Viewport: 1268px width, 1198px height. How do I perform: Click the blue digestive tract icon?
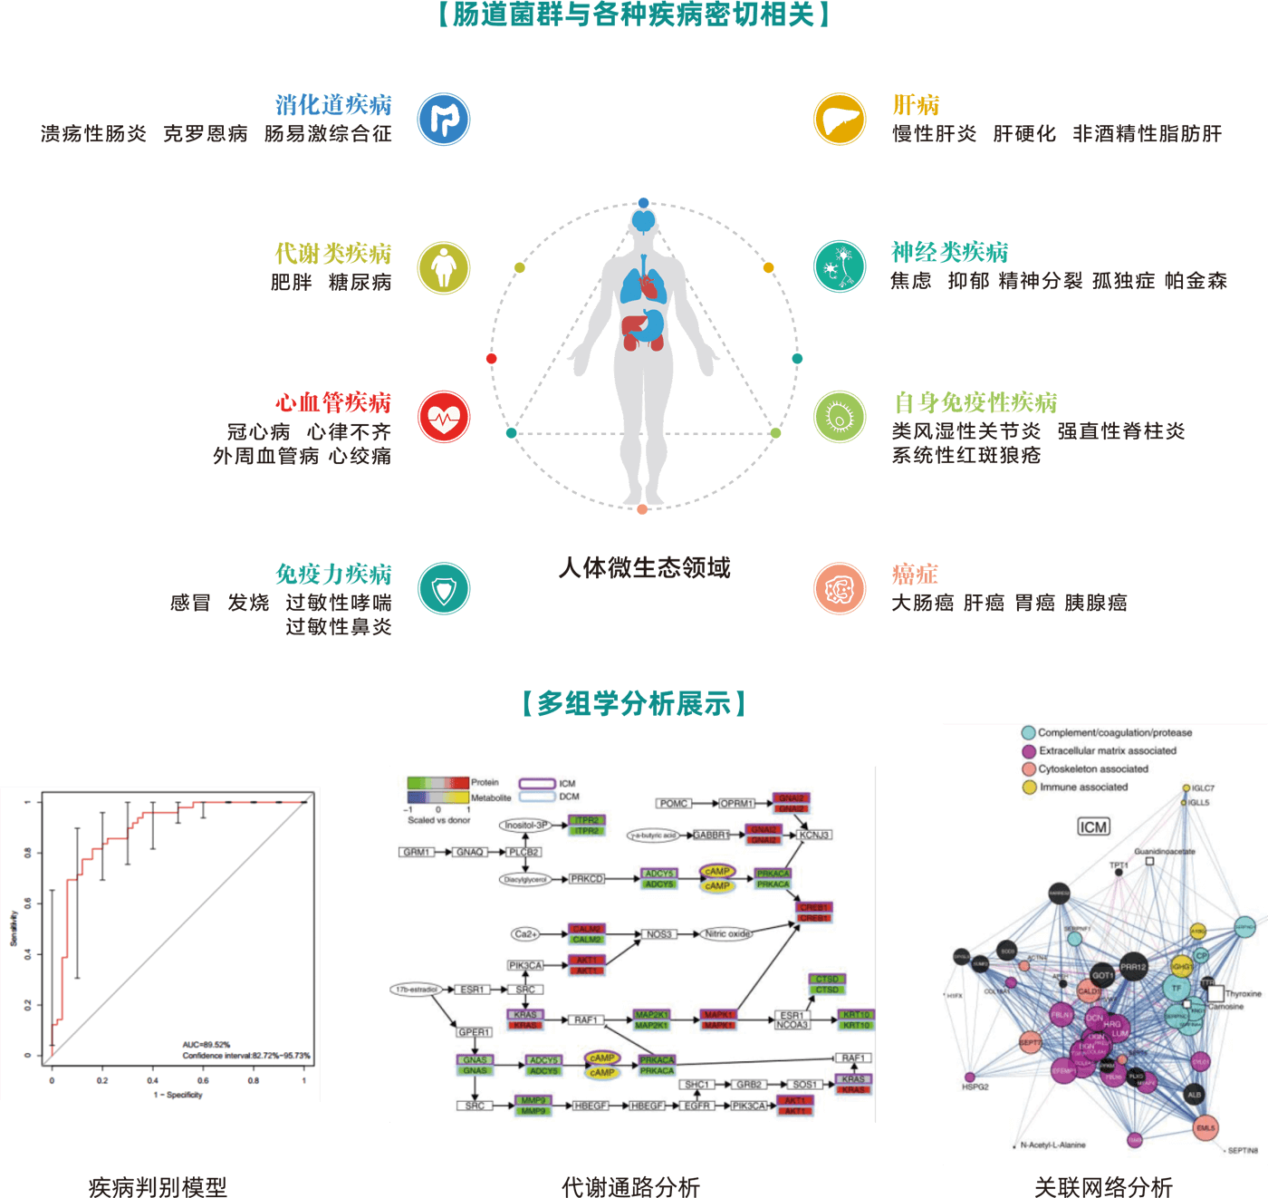(444, 119)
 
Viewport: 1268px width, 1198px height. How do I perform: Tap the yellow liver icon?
(840, 119)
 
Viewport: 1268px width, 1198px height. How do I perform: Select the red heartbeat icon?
(444, 417)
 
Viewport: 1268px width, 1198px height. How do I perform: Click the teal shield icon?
(444, 589)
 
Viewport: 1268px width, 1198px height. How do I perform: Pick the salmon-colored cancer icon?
(840, 589)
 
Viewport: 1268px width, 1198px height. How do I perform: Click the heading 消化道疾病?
(333, 105)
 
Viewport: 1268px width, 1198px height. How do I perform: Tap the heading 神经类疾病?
(949, 252)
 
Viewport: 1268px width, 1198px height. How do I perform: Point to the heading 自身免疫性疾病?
(975, 402)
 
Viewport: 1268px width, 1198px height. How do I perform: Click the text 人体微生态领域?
(645, 568)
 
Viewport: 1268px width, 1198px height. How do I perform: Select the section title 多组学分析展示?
(634, 703)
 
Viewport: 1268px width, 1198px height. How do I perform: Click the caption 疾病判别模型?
(158, 1185)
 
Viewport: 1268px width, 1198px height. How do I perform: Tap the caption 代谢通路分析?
(631, 1185)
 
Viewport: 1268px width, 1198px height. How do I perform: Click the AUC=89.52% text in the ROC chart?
(207, 1045)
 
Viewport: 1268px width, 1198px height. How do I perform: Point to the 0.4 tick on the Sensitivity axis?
(28, 954)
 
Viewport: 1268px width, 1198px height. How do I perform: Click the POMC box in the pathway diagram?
(674, 803)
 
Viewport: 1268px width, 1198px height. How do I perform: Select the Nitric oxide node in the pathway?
(727, 933)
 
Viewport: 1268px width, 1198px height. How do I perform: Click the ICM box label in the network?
(1093, 826)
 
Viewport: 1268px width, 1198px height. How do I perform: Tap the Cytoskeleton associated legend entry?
(1092, 768)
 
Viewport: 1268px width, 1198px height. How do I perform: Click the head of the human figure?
(643, 219)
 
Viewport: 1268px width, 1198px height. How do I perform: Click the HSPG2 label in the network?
(975, 1087)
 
